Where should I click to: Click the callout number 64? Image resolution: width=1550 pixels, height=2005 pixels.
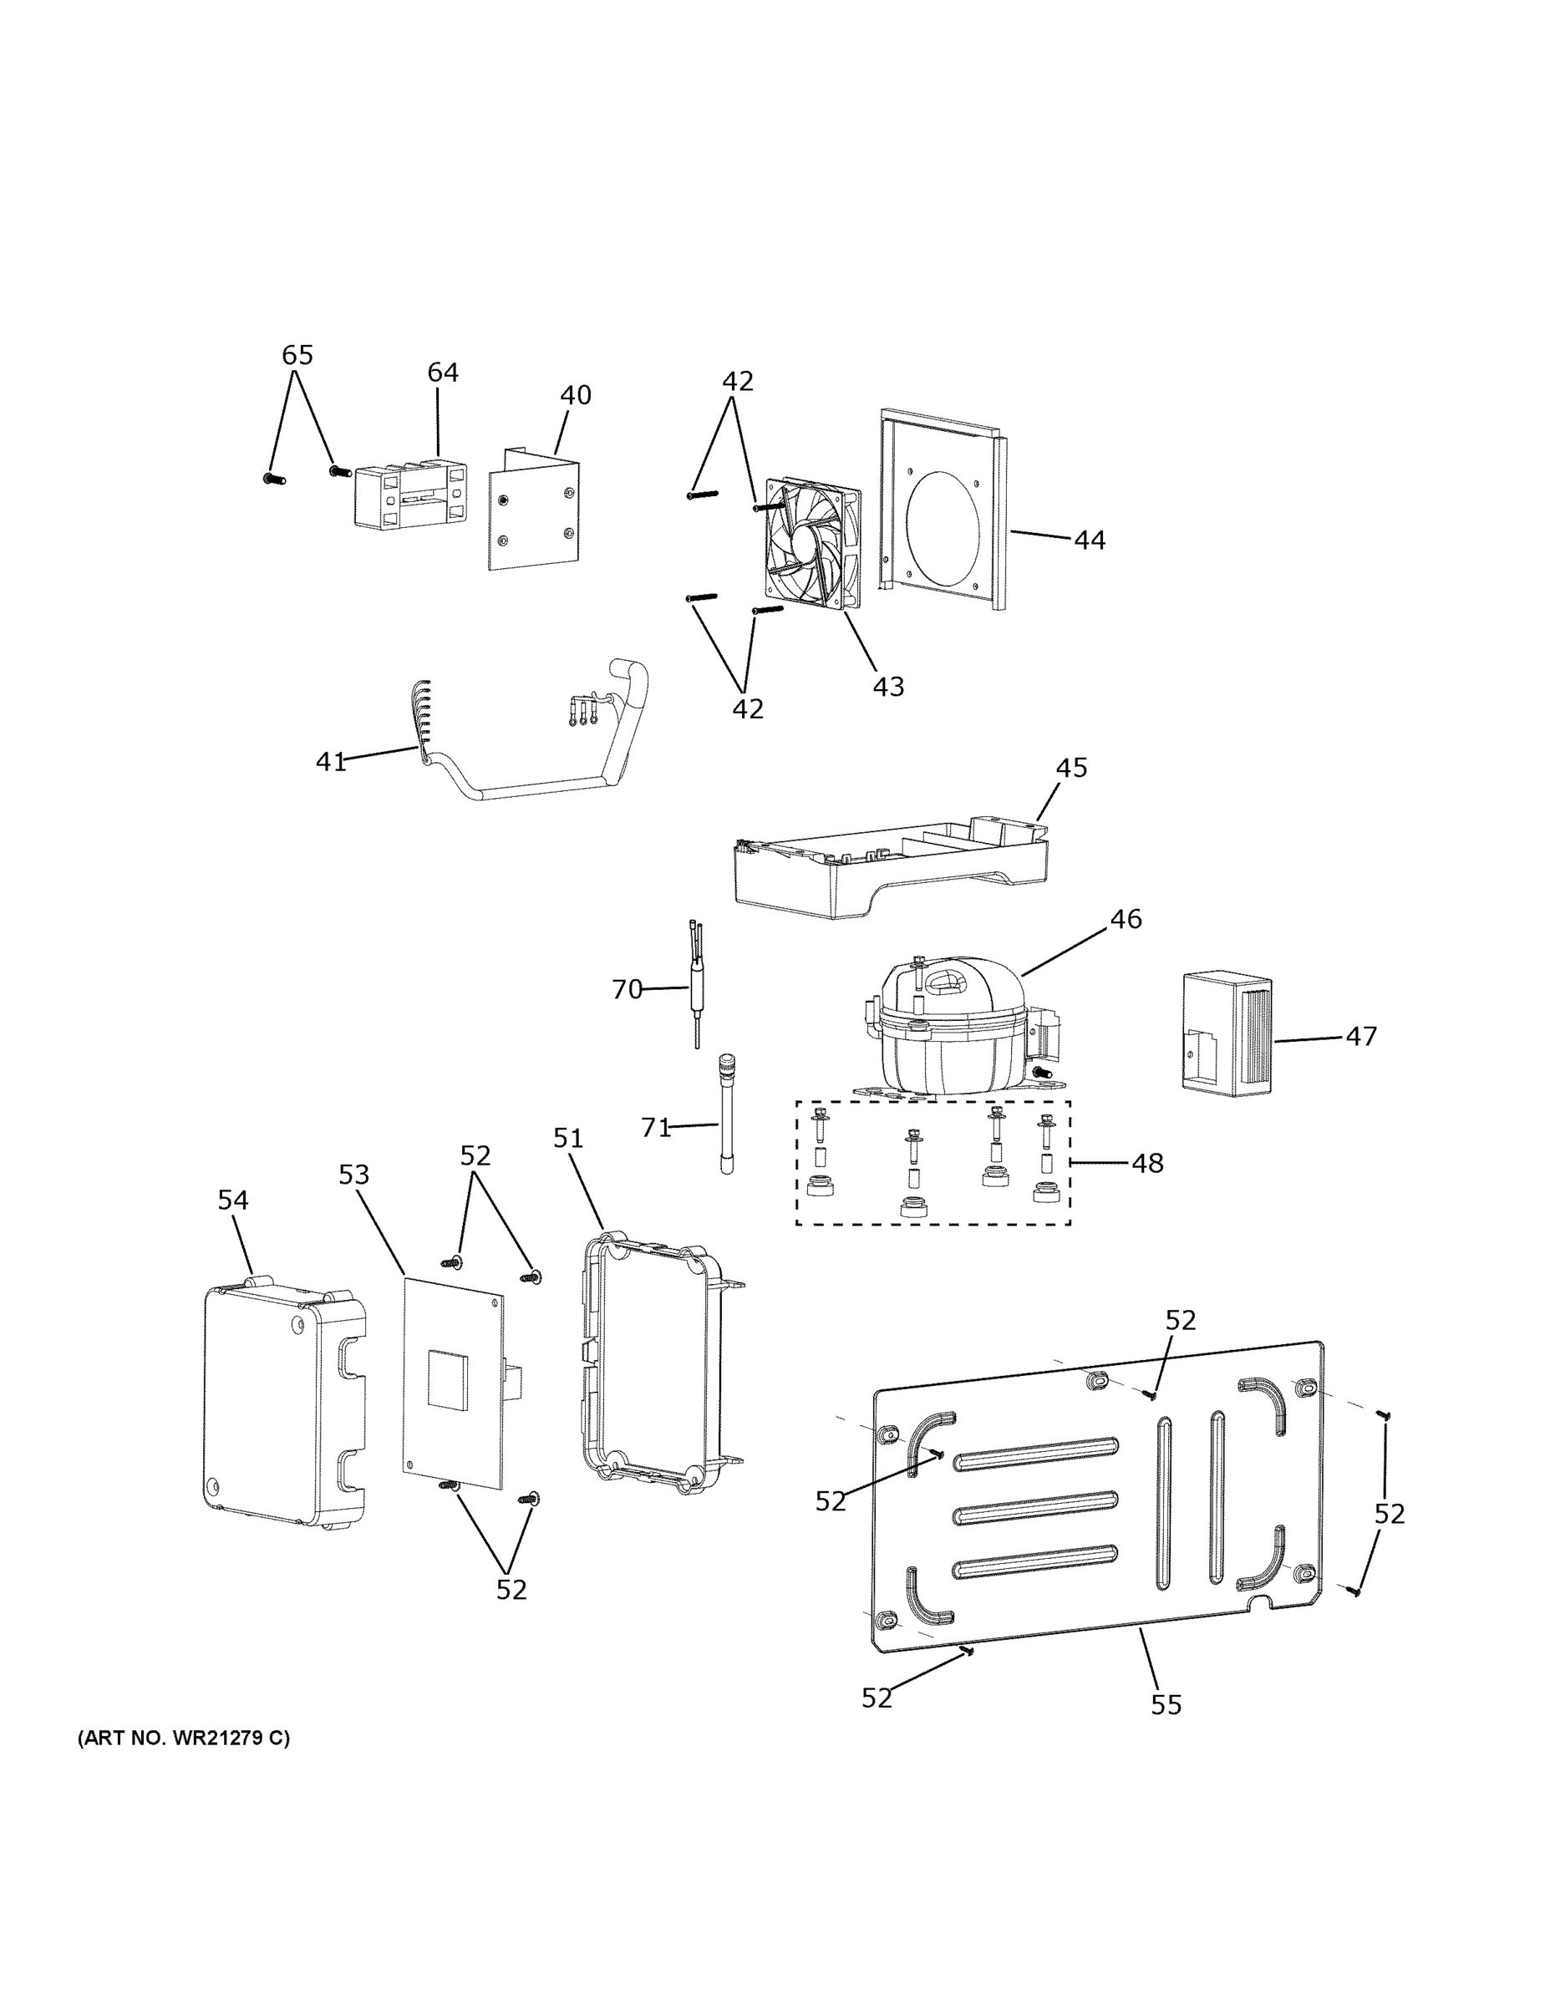point(443,372)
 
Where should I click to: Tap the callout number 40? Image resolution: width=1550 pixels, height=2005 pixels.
point(576,395)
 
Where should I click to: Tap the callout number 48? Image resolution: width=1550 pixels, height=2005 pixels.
point(1147,1163)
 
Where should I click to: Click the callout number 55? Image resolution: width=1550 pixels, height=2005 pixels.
point(1166,1704)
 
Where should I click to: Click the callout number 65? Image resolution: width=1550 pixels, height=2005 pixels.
point(297,354)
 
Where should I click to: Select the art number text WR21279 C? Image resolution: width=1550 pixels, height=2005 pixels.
point(183,1738)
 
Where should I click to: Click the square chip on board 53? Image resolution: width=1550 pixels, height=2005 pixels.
point(447,1380)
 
